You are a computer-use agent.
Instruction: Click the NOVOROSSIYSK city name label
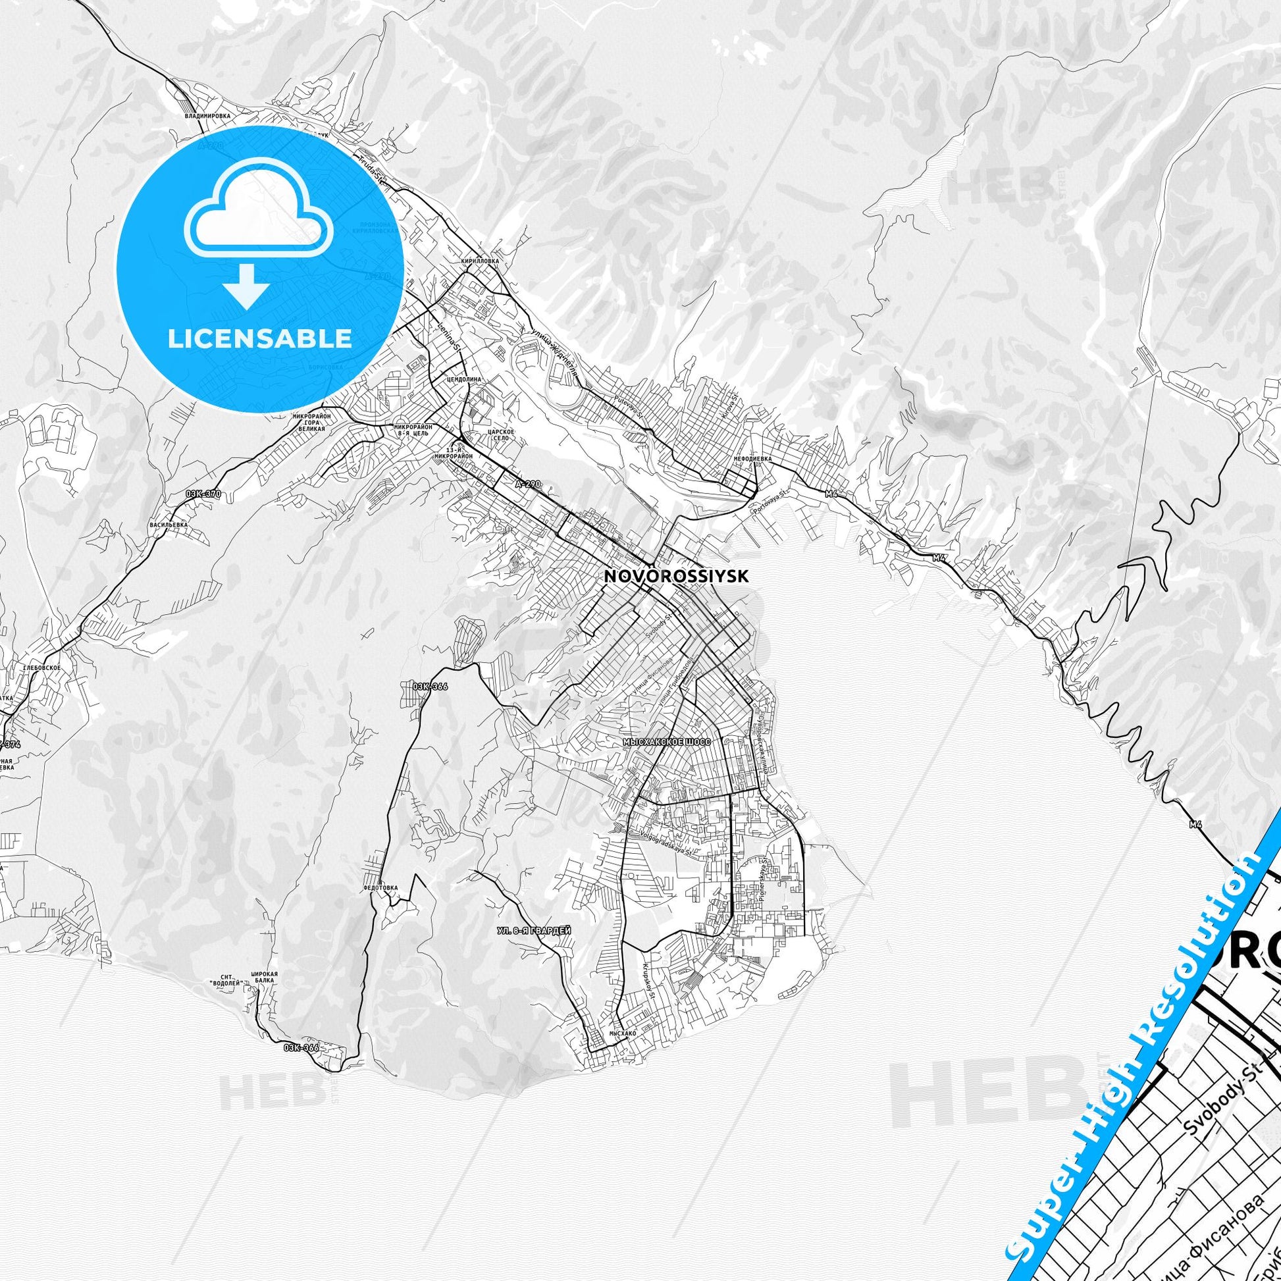pos(676,577)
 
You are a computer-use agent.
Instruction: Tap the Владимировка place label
pos(207,115)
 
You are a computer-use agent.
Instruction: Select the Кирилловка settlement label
pos(479,262)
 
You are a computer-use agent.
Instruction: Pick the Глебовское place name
pos(41,667)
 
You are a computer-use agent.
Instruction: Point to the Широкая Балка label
pos(264,997)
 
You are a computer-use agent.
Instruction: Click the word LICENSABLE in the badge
pos(260,338)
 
